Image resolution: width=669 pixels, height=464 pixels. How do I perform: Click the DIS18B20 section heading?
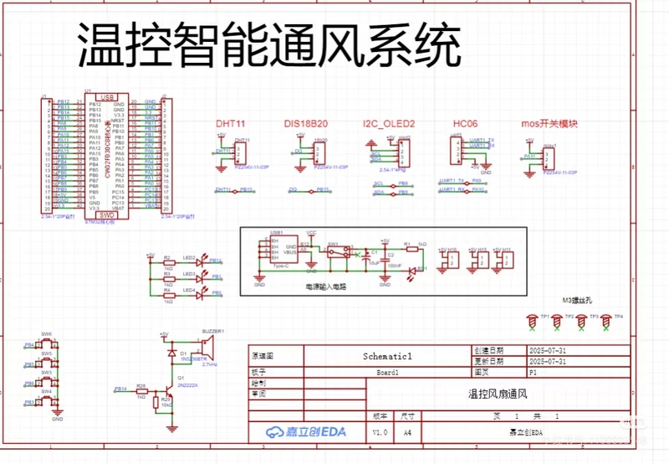click(305, 124)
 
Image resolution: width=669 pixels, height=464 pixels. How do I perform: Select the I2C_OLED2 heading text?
click(389, 124)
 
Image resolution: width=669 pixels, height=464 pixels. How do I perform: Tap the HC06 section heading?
click(465, 124)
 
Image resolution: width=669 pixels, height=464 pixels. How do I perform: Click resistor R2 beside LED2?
click(167, 262)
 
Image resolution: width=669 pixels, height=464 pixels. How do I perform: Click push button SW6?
click(46, 343)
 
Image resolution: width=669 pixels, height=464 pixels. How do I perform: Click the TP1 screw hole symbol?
click(531, 318)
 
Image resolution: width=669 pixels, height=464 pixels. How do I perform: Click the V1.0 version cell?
click(380, 432)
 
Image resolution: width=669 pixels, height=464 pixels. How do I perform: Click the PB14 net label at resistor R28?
click(120, 389)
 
